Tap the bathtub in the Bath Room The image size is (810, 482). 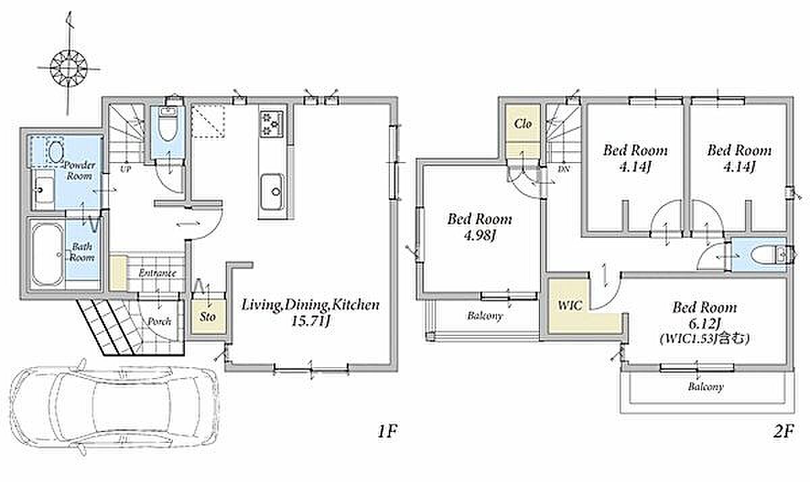pyautogui.click(x=47, y=254)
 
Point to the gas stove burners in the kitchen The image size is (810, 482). pyautogui.click(x=272, y=124)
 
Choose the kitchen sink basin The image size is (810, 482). pyautogui.click(x=272, y=192)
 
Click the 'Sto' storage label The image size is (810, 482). pyautogui.click(x=208, y=317)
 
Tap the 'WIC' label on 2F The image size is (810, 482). pyautogui.click(x=570, y=306)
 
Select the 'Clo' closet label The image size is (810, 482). pyautogui.click(x=523, y=124)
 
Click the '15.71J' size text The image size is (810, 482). pyautogui.click(x=311, y=321)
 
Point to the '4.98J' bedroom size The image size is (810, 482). pyautogui.click(x=480, y=236)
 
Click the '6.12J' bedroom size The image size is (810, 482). pyautogui.click(x=705, y=324)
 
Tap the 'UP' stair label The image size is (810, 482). pyautogui.click(x=126, y=169)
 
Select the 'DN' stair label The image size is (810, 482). pyautogui.click(x=564, y=169)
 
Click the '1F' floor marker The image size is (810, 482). pyautogui.click(x=387, y=431)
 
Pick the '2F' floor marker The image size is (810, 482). pyautogui.click(x=784, y=431)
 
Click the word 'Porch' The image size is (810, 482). pyautogui.click(x=159, y=321)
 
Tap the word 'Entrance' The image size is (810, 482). pyautogui.click(x=158, y=273)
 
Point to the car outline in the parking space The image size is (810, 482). pyautogui.click(x=114, y=408)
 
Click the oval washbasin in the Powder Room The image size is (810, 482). pyautogui.click(x=55, y=153)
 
